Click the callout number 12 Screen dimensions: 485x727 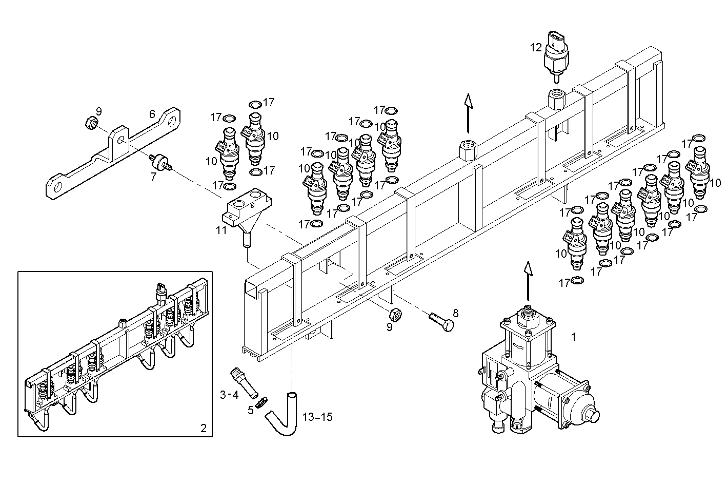click(536, 48)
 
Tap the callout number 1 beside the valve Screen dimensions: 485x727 click(574, 337)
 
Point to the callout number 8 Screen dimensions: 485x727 click(455, 313)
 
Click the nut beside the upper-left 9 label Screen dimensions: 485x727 click(91, 123)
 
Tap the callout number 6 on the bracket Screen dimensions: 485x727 click(152, 114)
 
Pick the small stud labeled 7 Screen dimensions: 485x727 click(159, 162)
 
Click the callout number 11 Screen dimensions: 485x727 click(221, 230)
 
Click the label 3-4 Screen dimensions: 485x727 click(229, 395)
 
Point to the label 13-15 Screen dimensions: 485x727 click(317, 417)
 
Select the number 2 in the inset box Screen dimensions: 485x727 click(203, 428)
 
